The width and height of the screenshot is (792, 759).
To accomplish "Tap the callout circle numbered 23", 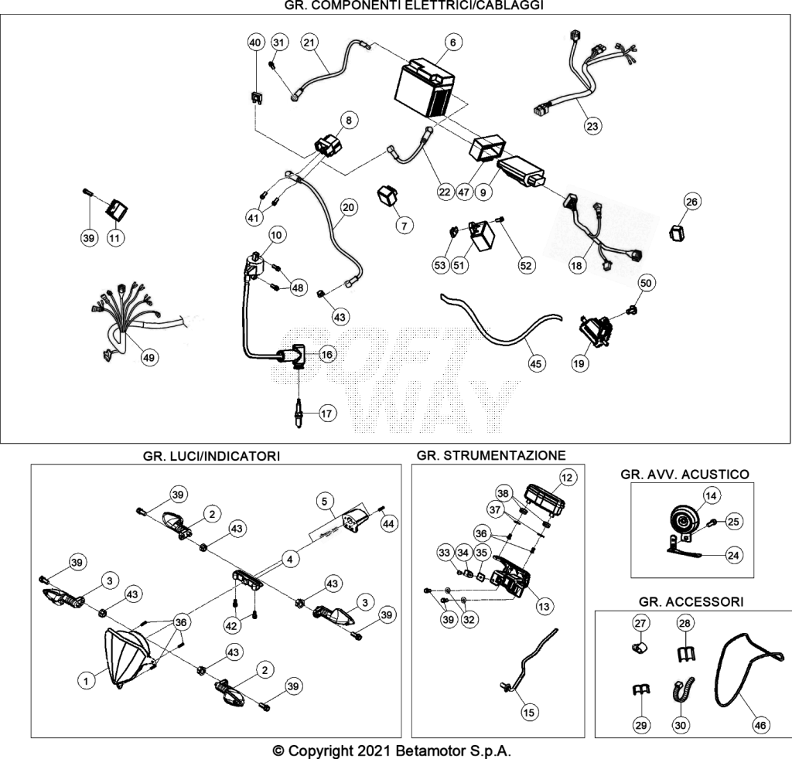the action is point(592,126).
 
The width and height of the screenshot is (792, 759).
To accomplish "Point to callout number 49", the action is point(148,358).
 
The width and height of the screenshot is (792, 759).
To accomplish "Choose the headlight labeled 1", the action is point(126,657).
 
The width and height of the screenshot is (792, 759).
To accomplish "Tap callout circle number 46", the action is point(760,725).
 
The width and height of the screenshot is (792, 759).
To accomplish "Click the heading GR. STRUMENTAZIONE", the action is point(491,455).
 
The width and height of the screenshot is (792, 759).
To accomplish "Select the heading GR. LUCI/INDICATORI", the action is point(211,456).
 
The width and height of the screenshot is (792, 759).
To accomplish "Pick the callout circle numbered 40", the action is point(255,43).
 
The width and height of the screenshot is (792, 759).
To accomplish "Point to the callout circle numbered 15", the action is point(529,712).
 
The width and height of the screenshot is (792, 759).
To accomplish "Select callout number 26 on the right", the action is point(691,202).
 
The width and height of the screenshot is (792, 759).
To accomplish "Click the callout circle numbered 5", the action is point(324,501).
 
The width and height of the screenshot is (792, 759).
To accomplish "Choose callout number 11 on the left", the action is point(115,238).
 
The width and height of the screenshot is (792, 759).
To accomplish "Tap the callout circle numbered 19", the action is point(579,362).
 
